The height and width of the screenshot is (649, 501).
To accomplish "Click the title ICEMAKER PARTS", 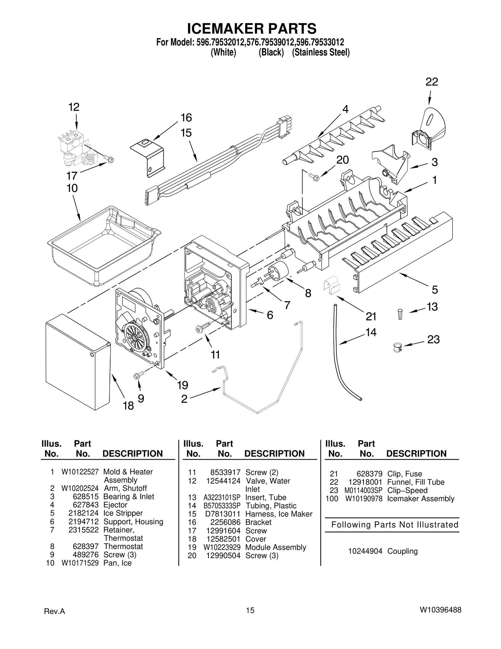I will coord(251,29).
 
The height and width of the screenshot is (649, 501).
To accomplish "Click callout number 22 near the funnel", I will coord(431,82).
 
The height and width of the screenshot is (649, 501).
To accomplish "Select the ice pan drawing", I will coord(103,248).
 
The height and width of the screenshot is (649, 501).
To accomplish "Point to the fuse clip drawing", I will coord(331,285).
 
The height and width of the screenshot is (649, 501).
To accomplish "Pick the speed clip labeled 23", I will coord(397,347).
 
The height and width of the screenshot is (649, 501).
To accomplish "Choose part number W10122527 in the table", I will coord(80,472).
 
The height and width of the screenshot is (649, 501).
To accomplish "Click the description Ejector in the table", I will coord(115,505).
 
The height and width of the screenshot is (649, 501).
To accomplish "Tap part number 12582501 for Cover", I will coord(223,539).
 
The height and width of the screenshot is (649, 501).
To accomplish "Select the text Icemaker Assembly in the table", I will coord(421,499).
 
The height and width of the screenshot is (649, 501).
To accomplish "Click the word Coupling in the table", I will coord(402,551).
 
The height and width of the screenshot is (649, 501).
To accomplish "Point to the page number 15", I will coord(250,610).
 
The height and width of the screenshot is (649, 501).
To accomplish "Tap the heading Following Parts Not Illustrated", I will coord(395,525).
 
